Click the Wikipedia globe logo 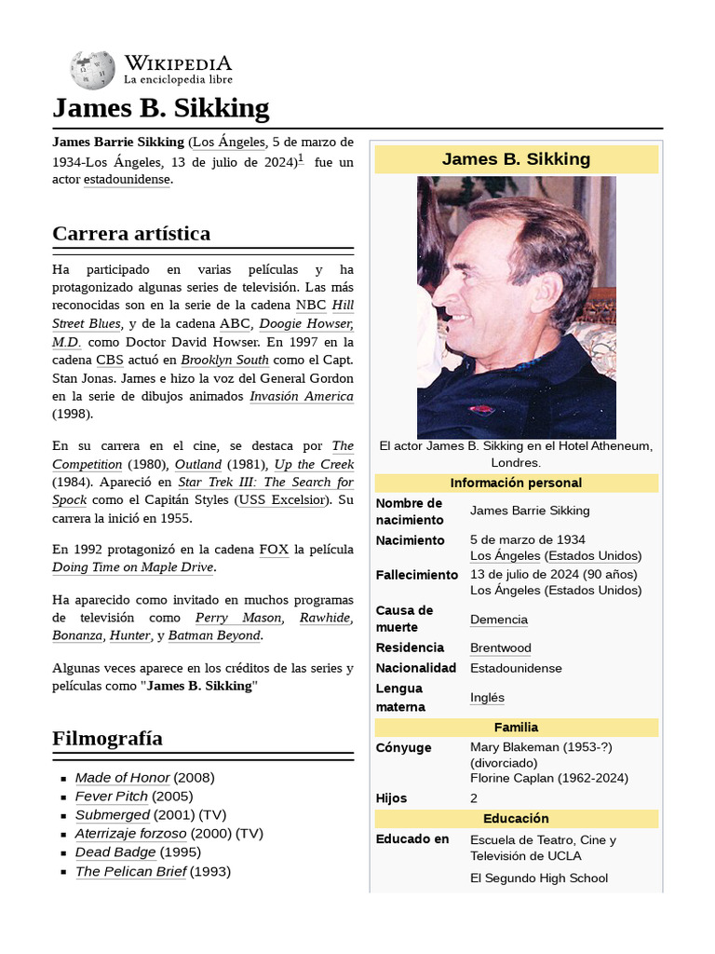coord(92,70)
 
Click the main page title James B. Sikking coord(161,108)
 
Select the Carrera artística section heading coord(131,233)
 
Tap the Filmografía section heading coord(107,738)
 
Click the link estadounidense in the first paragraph coord(127,180)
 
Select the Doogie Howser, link coord(306,323)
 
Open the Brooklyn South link coord(224,360)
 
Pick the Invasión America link coord(301,396)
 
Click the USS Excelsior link coord(281,499)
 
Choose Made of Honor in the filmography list coord(122,777)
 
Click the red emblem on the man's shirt coord(481,409)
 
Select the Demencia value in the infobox coord(499,620)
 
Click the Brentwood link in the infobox coord(501,647)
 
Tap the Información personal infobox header coord(516,483)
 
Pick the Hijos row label coord(391,798)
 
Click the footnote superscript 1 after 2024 coord(301,158)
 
